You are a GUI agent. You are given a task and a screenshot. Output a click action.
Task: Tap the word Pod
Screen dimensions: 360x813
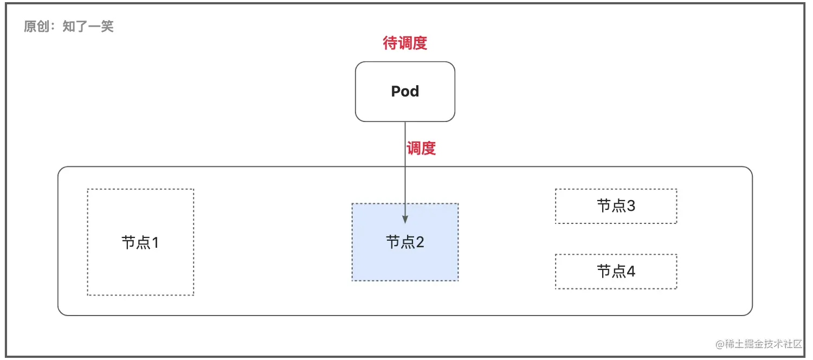(x=405, y=91)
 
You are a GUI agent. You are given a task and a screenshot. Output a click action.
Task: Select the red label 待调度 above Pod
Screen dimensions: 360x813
(x=405, y=43)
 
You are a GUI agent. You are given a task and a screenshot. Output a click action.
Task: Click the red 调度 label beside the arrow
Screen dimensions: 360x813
(x=421, y=148)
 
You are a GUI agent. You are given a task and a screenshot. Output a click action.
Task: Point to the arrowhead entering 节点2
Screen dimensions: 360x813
(x=405, y=219)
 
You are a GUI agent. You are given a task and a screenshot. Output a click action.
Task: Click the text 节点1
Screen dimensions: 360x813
(x=140, y=242)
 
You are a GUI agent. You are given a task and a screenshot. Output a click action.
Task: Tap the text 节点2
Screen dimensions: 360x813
(x=405, y=242)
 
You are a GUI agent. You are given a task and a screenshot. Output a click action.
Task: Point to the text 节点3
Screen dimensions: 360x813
(x=616, y=206)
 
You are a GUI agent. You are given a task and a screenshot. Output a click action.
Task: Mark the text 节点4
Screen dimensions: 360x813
(x=616, y=271)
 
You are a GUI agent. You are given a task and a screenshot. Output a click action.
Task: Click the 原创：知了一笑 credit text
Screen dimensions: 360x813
(x=69, y=27)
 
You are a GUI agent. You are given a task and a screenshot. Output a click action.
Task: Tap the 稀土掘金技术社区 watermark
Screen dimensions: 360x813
(x=764, y=344)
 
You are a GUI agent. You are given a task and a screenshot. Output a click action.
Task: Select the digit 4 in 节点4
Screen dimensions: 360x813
(x=631, y=271)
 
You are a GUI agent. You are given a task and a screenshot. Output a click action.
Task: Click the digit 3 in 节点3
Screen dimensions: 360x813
(x=631, y=206)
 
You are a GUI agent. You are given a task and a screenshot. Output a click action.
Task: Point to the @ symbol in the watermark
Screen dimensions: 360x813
(x=720, y=344)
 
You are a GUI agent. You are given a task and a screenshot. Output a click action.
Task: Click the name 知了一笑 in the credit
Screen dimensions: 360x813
(x=88, y=27)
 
